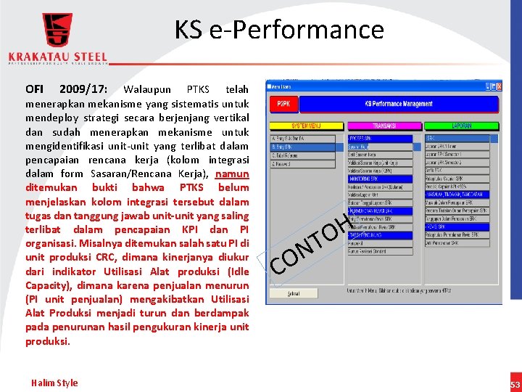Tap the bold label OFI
34,90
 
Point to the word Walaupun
148,90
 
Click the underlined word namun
232,173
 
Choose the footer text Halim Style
54,383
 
